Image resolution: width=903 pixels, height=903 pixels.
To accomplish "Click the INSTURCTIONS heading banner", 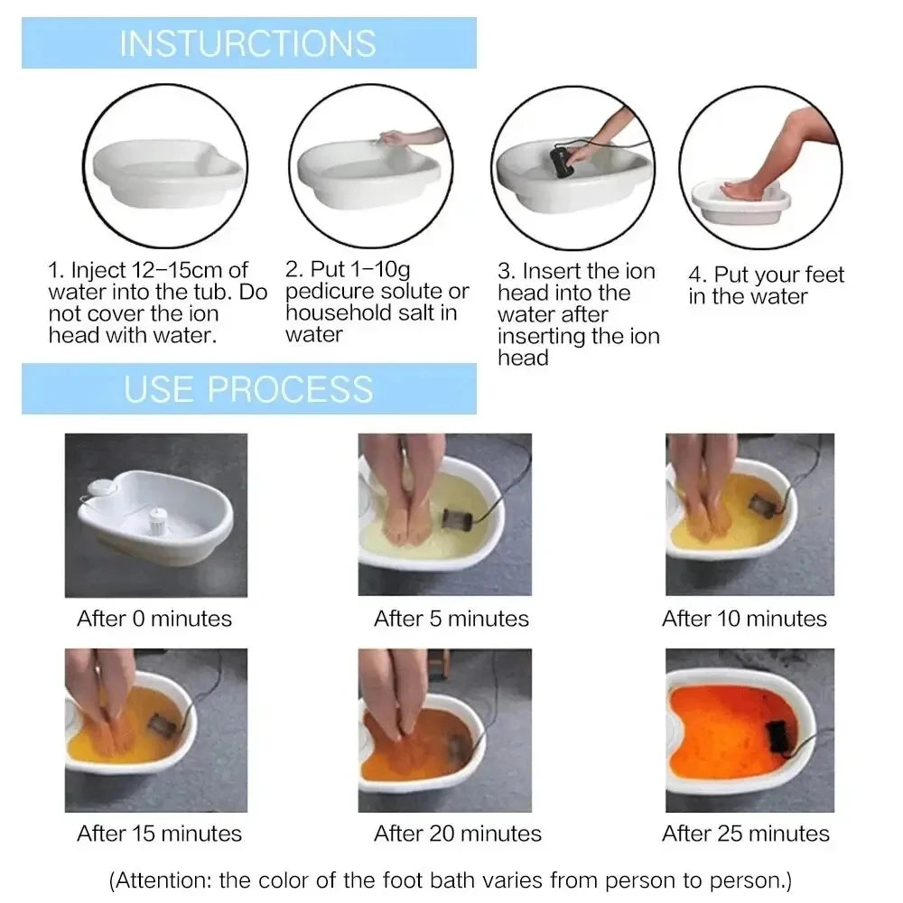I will [x=248, y=42].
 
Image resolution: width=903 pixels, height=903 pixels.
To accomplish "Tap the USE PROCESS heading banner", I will [x=248, y=388].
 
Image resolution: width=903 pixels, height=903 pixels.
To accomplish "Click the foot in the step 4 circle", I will [x=745, y=191].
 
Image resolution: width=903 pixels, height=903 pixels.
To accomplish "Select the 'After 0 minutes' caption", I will [x=154, y=619].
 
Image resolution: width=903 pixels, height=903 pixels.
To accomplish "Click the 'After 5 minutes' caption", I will [x=451, y=619].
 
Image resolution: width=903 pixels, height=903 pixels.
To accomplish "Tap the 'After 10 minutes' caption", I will [x=744, y=619].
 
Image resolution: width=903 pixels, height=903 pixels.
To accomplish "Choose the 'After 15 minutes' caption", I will [x=160, y=833].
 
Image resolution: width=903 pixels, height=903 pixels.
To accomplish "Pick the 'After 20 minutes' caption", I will [x=458, y=833].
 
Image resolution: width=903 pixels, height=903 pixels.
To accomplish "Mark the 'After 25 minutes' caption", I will [x=746, y=833].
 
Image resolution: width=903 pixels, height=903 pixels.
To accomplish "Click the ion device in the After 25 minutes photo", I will [x=777, y=736].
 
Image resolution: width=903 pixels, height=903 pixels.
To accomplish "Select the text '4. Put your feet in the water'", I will [x=766, y=285].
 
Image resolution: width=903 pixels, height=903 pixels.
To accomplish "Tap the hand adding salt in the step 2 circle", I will [x=402, y=137].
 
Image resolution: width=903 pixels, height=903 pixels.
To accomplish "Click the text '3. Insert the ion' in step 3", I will [x=576, y=271].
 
